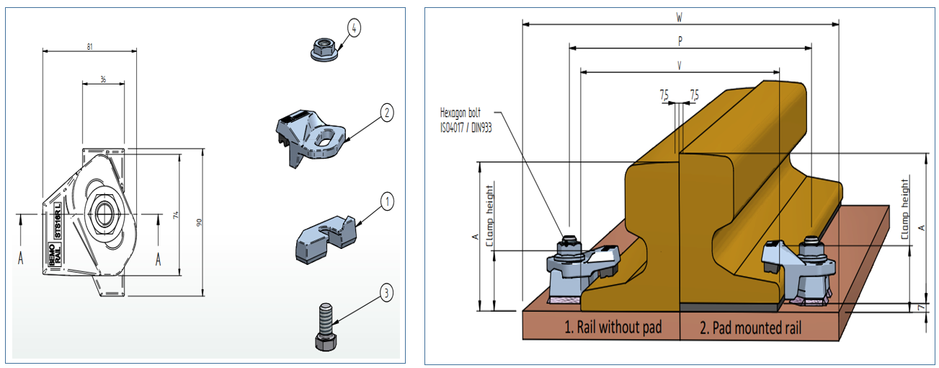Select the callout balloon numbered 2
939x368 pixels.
click(x=387, y=112)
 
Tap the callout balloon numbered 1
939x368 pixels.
click(x=387, y=201)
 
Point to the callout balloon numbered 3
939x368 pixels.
click(x=387, y=292)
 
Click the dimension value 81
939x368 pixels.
click(x=89, y=46)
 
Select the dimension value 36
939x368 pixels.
click(x=104, y=79)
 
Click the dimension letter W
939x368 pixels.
click(x=680, y=17)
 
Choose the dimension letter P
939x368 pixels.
click(x=680, y=42)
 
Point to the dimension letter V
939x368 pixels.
click(x=680, y=66)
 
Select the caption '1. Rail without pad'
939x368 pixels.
click(x=603, y=328)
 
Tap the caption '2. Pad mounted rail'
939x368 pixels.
click(x=751, y=328)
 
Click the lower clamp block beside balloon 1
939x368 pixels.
click(x=324, y=236)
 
